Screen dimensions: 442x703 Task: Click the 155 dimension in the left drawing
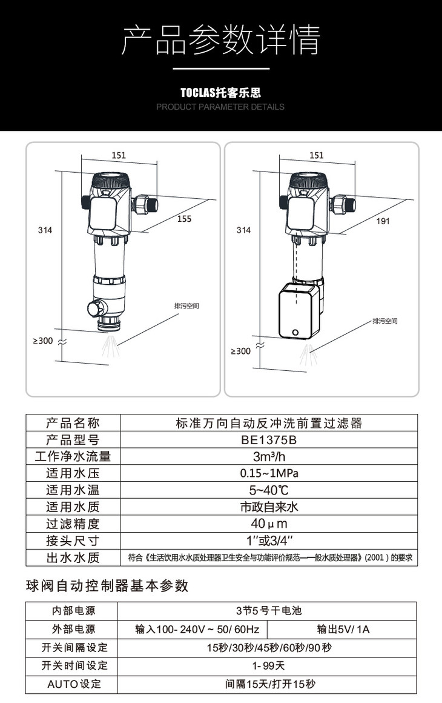point(184,218)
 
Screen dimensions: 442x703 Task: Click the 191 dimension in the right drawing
point(383,221)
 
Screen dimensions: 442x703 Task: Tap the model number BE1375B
point(269,440)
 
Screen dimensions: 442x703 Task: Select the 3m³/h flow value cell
point(269,456)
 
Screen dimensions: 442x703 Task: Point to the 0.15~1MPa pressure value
point(269,473)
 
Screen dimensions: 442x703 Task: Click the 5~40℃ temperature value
point(269,490)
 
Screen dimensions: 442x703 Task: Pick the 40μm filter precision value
point(269,524)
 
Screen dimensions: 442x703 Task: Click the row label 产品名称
point(73,423)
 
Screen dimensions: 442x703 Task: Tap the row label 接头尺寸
point(73,541)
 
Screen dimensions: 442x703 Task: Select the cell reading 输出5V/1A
point(343,629)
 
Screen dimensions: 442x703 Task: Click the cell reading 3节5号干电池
point(269,611)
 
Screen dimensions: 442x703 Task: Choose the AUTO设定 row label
point(74,684)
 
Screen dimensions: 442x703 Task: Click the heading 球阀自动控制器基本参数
point(107,585)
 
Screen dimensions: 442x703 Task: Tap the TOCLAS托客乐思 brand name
point(220,93)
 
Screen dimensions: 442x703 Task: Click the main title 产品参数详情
point(221,40)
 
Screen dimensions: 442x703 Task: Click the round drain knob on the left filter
point(95,308)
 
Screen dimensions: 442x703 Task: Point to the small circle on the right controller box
point(295,333)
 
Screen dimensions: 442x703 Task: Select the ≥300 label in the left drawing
point(43,341)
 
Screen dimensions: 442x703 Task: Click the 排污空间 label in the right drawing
point(384,321)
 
